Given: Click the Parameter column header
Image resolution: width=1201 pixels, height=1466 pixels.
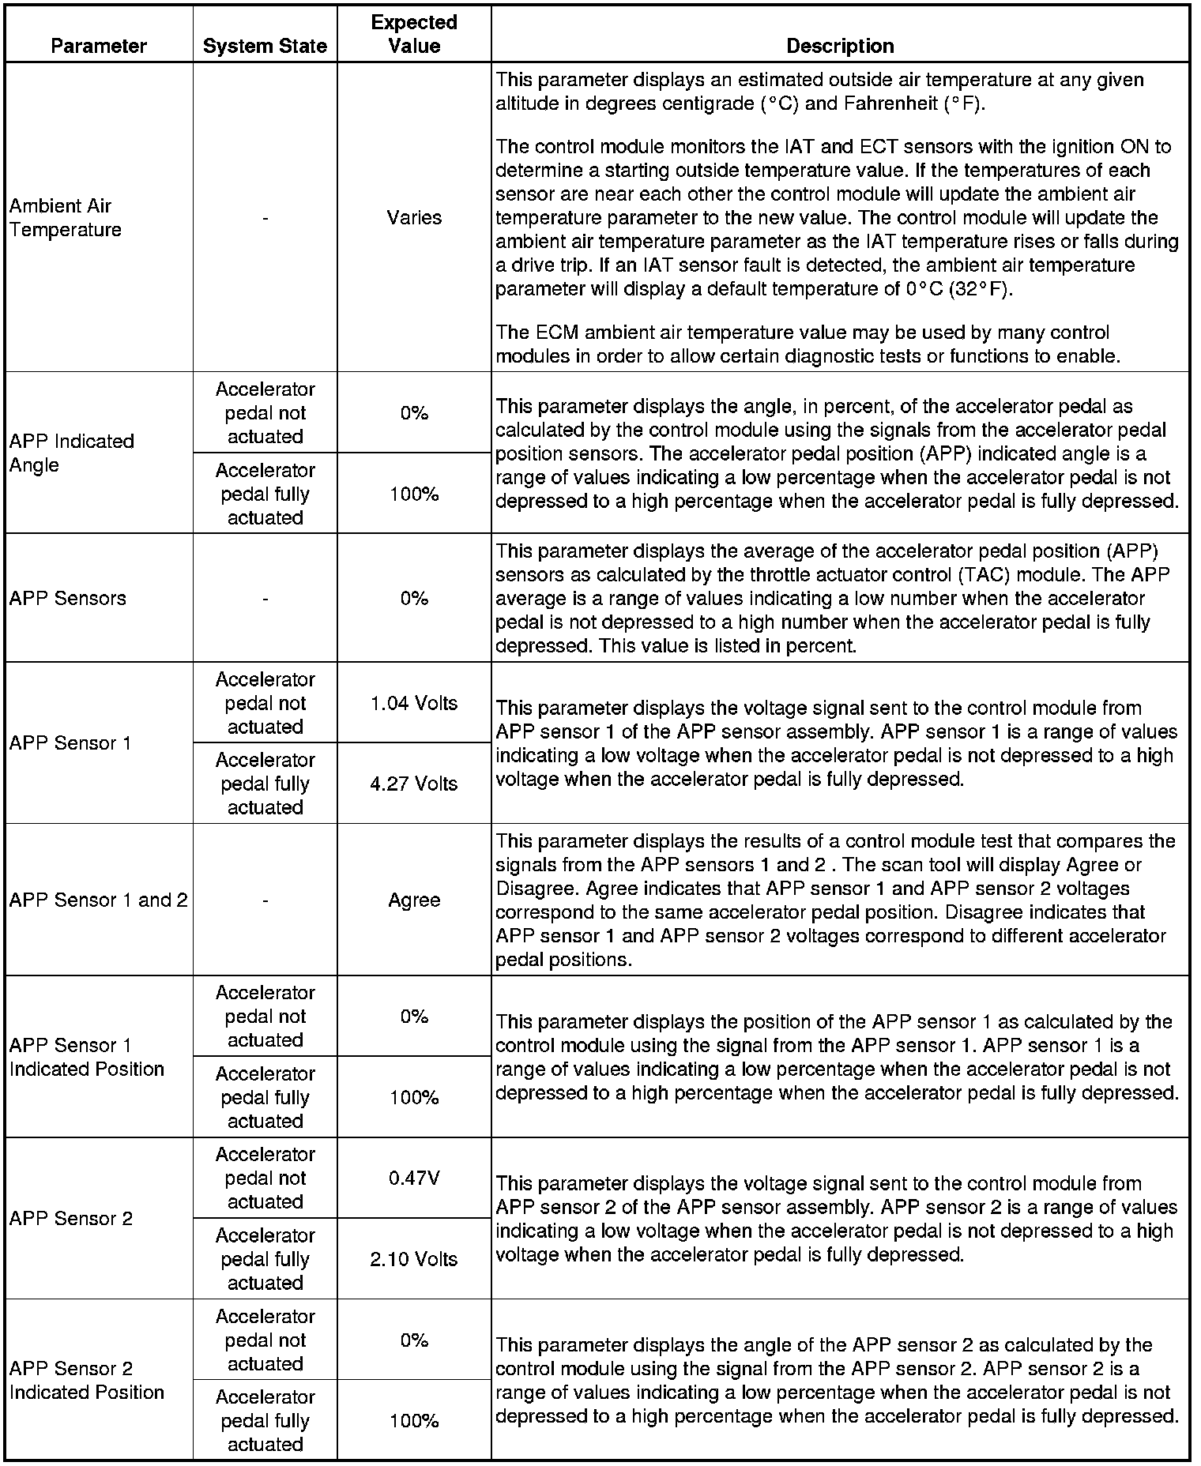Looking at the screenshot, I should click(x=99, y=46).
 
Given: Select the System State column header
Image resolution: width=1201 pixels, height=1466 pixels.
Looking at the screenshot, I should click(x=265, y=46).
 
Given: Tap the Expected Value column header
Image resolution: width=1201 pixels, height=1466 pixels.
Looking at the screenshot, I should click(x=414, y=34).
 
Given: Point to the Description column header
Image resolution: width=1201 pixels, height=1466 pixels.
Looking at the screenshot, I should click(x=840, y=46).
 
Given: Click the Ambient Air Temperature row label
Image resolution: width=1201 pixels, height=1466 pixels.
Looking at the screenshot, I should click(x=66, y=217).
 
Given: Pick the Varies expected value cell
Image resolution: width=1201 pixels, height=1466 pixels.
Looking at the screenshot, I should click(x=414, y=217).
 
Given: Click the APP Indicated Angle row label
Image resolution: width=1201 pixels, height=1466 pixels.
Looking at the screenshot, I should click(x=71, y=453).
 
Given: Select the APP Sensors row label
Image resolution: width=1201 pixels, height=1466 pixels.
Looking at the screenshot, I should click(x=68, y=598).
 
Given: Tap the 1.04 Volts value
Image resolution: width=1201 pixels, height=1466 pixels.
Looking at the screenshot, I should click(x=414, y=703).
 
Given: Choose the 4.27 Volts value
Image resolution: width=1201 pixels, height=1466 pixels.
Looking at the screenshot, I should click(x=414, y=784).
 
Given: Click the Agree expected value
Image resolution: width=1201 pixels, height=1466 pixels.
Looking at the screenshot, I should click(x=414, y=900).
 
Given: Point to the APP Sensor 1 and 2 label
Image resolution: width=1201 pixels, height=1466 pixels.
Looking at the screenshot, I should click(x=99, y=900).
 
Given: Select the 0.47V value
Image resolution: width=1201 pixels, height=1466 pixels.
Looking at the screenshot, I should click(x=414, y=1178).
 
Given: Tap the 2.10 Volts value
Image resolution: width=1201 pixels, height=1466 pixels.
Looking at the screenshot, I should click(x=414, y=1259).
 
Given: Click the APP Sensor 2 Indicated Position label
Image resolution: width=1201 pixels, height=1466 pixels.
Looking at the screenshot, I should click(x=87, y=1380).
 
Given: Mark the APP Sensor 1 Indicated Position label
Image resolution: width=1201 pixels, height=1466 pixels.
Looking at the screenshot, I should click(x=87, y=1057).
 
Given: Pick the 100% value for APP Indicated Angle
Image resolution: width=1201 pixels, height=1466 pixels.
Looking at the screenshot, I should click(x=414, y=494).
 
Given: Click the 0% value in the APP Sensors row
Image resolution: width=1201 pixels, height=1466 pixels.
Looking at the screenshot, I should click(x=414, y=598).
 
